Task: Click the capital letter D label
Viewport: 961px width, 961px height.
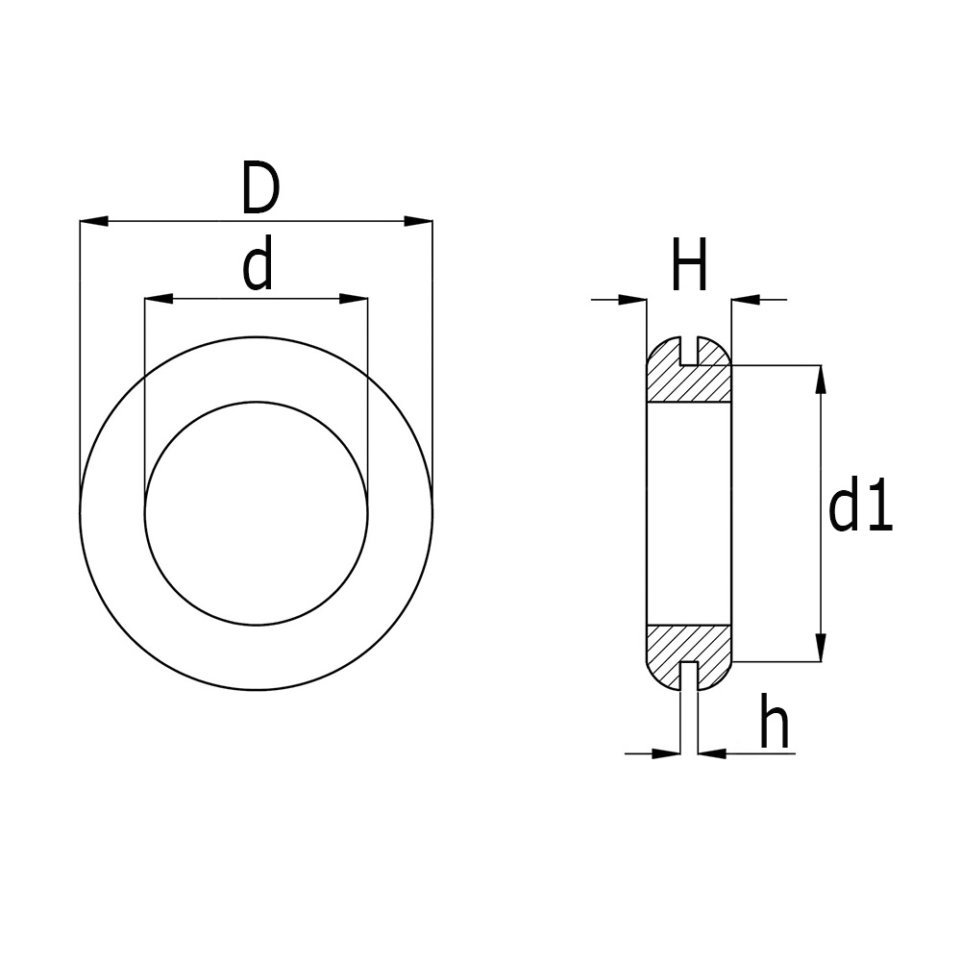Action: (259, 189)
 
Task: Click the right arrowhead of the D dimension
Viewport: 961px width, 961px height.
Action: (418, 222)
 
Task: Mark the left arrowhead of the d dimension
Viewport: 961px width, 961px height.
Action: (158, 300)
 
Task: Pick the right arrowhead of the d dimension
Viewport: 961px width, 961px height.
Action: (354, 300)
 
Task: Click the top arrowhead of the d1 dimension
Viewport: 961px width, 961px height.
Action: (820, 380)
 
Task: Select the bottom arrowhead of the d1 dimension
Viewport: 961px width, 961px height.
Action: (820, 647)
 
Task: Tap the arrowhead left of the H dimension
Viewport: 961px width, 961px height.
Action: (632, 300)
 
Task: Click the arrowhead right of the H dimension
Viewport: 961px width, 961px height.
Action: (746, 300)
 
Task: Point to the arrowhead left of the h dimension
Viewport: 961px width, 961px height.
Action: (667, 753)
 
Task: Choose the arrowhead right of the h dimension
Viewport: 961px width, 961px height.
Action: (711, 753)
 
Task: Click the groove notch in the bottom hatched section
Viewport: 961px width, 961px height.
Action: (689, 675)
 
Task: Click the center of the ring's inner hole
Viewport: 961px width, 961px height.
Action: (257, 513)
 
